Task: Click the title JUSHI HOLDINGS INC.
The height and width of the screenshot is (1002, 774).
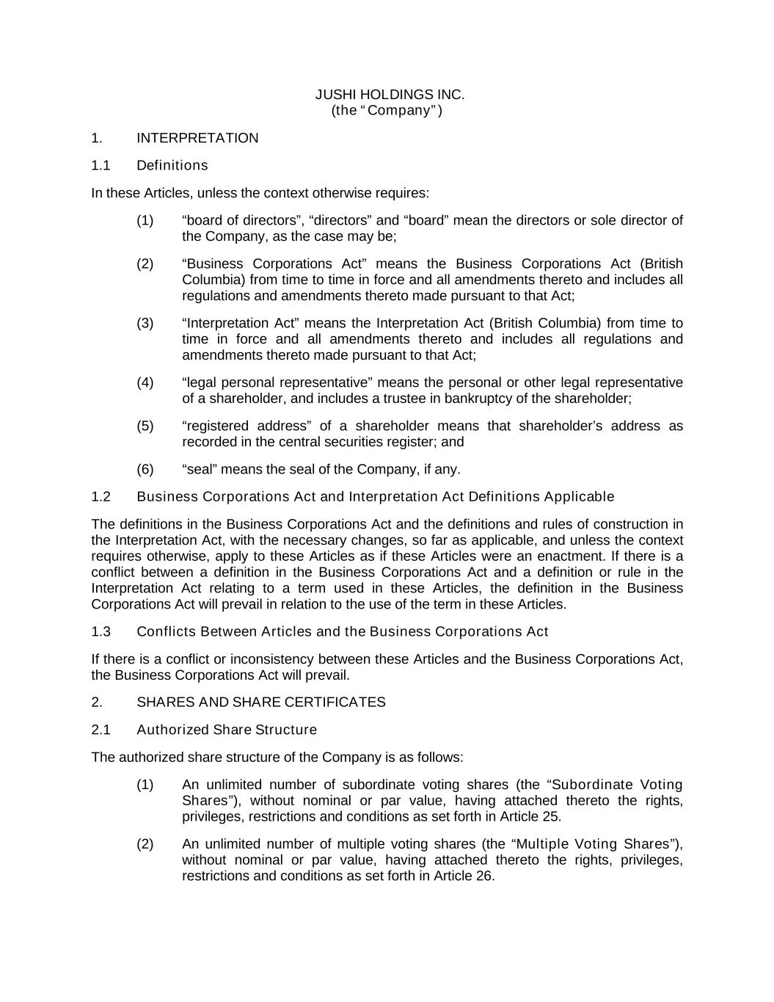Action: (390, 95)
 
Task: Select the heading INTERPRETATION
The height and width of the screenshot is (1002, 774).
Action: (197, 138)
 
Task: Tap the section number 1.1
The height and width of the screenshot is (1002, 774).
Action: (101, 166)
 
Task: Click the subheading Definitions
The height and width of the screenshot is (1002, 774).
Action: (172, 166)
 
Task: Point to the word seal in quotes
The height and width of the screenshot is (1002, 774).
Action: (199, 469)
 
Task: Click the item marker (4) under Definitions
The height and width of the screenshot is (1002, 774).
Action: (145, 382)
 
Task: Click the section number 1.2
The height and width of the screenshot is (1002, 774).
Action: (101, 497)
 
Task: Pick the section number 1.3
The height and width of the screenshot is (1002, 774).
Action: (101, 632)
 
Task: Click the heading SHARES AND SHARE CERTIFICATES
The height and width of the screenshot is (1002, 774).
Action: (260, 703)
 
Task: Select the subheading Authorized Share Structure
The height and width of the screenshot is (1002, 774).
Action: (227, 730)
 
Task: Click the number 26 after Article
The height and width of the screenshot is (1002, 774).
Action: (485, 876)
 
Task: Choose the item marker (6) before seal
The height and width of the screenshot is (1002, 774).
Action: (145, 469)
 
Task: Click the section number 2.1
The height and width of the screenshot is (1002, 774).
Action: (101, 730)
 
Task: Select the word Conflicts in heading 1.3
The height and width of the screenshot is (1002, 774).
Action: (167, 632)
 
